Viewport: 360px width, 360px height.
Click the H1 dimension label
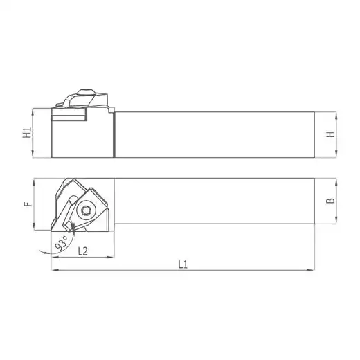[x=27, y=133]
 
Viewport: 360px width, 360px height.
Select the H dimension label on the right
[x=331, y=134]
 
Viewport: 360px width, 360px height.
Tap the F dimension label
[x=28, y=204]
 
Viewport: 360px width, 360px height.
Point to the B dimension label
[x=331, y=200]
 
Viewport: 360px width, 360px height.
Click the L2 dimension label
[x=83, y=251]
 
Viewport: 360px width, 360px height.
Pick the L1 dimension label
[x=183, y=264]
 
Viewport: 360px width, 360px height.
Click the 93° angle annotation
[x=61, y=243]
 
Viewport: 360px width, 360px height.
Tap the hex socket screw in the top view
[x=86, y=210]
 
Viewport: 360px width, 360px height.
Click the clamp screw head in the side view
[x=86, y=91]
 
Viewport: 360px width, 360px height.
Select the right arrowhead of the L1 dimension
[x=311, y=270]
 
